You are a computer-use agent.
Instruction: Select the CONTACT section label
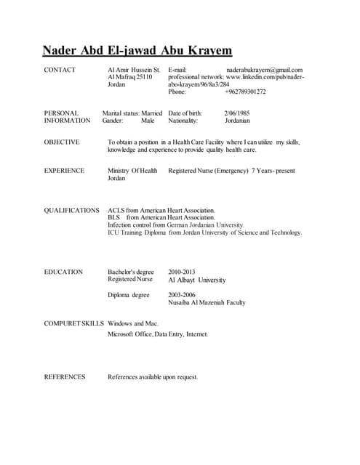(60, 69)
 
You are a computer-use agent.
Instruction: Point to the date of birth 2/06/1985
(237, 113)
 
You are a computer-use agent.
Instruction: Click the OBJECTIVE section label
(62, 142)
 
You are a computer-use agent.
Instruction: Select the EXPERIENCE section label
(64, 171)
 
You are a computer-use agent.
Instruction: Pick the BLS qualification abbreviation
(113, 217)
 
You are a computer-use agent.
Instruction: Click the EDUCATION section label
(63, 272)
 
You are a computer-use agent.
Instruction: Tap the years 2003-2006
(183, 295)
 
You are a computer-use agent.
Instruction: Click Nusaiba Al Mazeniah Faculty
(207, 303)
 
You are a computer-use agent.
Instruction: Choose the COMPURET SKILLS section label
(73, 323)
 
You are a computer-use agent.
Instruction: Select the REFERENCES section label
(65, 377)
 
